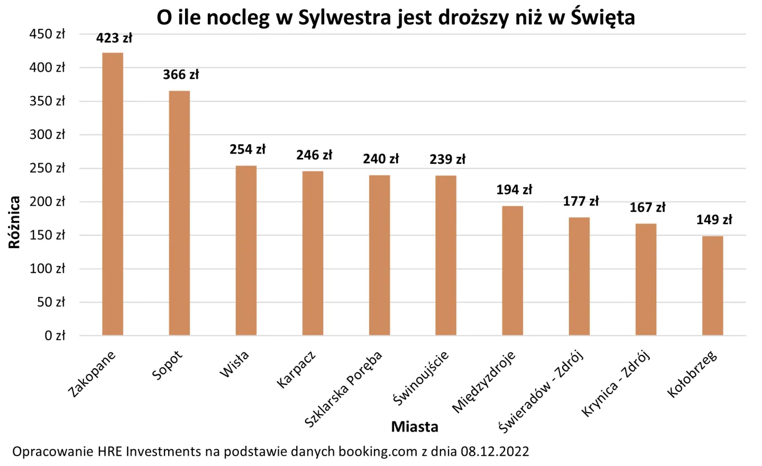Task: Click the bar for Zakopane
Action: click(113, 194)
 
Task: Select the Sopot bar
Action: click(179, 213)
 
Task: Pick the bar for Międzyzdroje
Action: click(512, 271)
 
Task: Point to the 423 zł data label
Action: click(114, 39)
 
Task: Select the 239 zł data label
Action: click(447, 160)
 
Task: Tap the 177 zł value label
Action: click(581, 201)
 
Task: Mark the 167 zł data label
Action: click(647, 207)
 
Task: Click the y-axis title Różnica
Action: click(15, 222)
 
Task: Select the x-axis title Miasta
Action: click(415, 427)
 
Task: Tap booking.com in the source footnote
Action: click(377, 452)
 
